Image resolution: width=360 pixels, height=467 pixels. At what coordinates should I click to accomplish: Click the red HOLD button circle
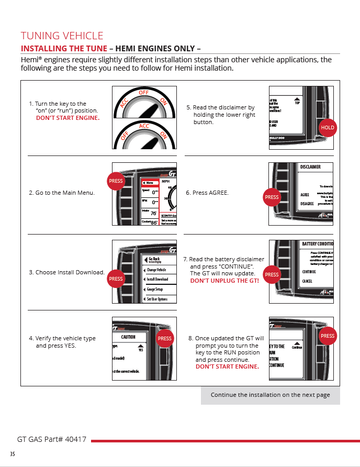[328, 128]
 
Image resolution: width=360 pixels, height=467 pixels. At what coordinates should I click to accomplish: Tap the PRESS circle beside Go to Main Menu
[116, 181]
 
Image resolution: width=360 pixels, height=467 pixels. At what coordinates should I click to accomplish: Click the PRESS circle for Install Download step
[116, 279]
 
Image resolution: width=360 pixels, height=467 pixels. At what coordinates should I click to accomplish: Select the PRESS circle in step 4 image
[165, 339]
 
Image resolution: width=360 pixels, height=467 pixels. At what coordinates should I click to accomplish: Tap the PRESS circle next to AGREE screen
[272, 197]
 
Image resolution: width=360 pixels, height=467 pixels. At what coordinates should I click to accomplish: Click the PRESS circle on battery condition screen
[272, 274]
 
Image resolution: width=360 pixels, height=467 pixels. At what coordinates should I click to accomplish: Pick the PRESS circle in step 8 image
[328, 336]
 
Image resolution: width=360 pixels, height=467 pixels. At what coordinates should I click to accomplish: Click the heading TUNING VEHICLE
[62, 36]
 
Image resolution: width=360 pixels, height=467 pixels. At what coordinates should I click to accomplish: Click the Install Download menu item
[157, 280]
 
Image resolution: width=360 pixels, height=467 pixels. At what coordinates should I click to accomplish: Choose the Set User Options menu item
[157, 299]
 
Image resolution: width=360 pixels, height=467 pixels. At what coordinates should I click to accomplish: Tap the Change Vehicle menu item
[156, 270]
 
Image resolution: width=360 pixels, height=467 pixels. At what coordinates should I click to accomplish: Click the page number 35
[12, 453]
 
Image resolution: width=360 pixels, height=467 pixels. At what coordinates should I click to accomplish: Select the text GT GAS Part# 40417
[52, 439]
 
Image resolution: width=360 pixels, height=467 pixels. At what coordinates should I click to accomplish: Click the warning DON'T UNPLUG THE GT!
[224, 281]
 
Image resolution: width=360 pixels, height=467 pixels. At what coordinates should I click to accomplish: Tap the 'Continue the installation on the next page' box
[270, 395]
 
